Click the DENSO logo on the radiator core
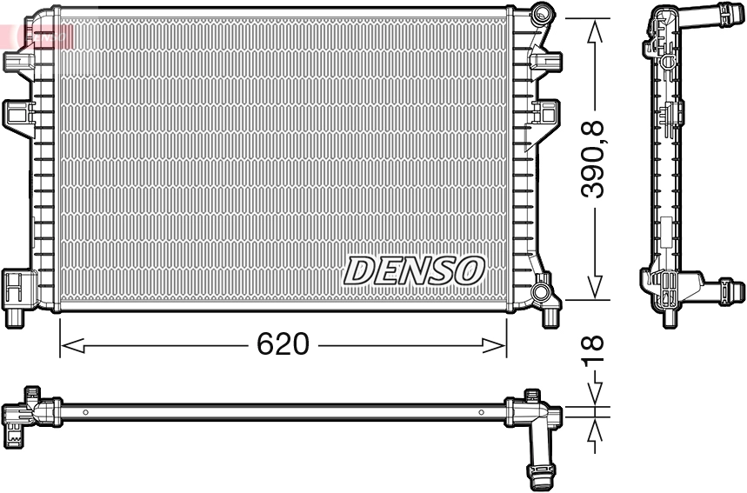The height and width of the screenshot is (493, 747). pos(414,270)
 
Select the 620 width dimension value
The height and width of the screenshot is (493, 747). pos(283,344)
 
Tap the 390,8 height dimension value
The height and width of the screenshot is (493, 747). pos(594,160)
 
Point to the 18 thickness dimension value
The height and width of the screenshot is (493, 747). pos(594,352)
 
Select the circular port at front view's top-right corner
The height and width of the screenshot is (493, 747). pos(543,13)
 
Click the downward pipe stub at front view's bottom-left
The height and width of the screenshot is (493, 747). pos(14,316)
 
